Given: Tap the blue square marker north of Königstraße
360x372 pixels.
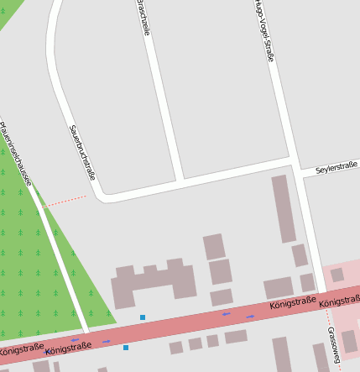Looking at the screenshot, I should pyautogui.click(x=143, y=317).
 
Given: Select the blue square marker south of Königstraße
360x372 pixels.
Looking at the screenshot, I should pyautogui.click(x=126, y=347).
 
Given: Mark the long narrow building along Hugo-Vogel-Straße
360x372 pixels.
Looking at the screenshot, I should pyautogui.click(x=283, y=208).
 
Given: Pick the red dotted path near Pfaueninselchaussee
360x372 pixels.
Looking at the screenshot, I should pyautogui.click(x=64, y=201).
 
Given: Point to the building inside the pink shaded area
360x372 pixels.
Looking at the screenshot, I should pyautogui.click(x=337, y=275).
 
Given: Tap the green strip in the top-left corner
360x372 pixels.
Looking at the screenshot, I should pyautogui.click(x=8, y=12).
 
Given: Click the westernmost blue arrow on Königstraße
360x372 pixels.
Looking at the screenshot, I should pyautogui.click(x=76, y=340).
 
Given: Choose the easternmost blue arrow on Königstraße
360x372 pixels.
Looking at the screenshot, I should pyautogui.click(x=250, y=317).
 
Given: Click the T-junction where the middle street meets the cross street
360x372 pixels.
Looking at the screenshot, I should pyautogui.click(x=180, y=181).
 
